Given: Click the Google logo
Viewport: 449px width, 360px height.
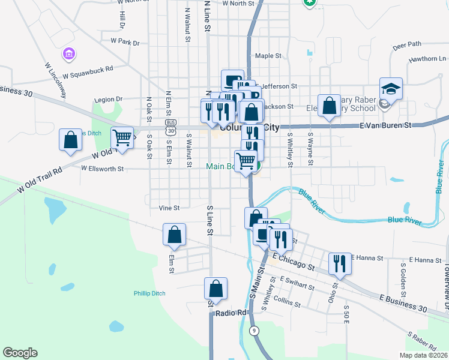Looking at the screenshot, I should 20,353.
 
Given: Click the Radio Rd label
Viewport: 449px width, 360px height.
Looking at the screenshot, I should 232,313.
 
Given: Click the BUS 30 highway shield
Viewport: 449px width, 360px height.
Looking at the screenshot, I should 172,128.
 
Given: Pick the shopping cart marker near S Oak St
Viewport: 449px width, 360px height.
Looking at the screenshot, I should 122,138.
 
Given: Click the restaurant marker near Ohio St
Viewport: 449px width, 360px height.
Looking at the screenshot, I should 340,263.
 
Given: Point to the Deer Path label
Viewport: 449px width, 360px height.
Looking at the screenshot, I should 407,44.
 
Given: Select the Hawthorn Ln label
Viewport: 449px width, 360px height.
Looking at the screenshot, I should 427,59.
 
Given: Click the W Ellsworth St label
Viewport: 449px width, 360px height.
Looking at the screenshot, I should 102,169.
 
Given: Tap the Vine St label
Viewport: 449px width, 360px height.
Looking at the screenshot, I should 169,208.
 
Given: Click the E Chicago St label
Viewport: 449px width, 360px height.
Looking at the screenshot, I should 293,260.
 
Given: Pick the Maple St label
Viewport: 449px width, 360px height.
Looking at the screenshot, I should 268,56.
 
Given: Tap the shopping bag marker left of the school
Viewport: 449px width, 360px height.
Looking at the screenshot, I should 329,106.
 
